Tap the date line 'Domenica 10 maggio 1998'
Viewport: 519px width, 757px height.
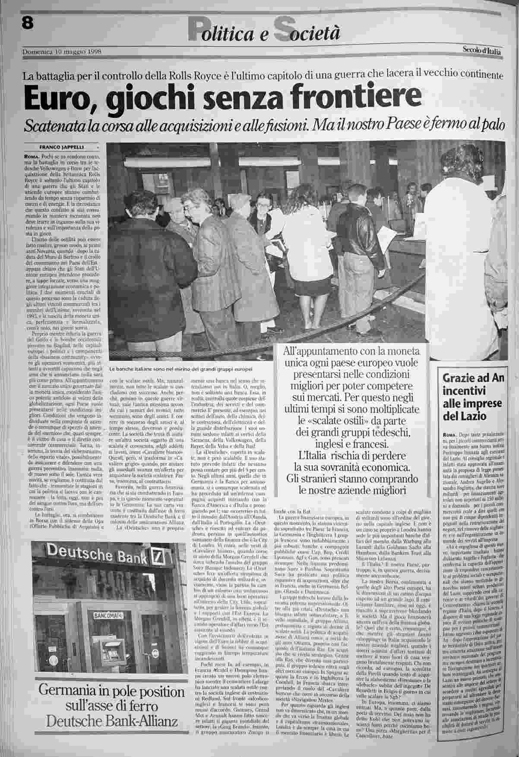(x=62, y=52)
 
